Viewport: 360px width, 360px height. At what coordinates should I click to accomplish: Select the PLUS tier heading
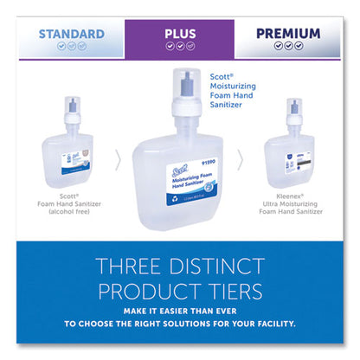point(179,34)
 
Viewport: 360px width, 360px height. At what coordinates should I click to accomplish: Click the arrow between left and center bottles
point(119,160)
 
